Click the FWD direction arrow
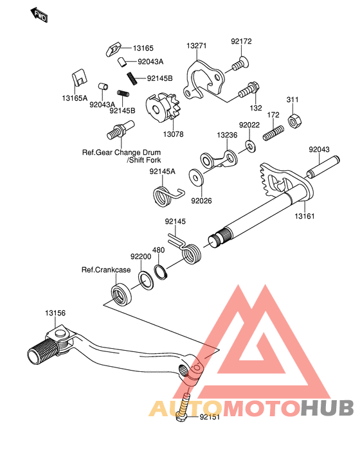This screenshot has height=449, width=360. (x=39, y=15)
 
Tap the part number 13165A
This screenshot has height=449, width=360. (x=75, y=98)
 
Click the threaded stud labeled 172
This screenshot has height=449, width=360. (x=273, y=133)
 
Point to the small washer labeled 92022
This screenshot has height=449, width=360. (x=251, y=146)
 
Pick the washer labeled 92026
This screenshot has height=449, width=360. (x=196, y=177)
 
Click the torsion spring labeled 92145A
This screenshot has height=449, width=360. (x=166, y=196)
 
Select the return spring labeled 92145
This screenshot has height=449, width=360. (x=186, y=250)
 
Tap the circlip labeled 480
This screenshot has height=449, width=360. (x=161, y=272)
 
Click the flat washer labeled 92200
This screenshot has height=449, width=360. (x=146, y=281)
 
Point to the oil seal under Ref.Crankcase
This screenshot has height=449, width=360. (x=122, y=295)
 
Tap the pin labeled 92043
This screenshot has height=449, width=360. (x=323, y=167)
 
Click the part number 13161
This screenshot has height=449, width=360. (x=305, y=216)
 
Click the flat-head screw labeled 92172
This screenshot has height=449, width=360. (x=240, y=64)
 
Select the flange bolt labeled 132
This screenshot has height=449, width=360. (x=249, y=90)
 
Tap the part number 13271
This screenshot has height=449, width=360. (x=196, y=46)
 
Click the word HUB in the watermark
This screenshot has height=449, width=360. (x=327, y=408)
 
